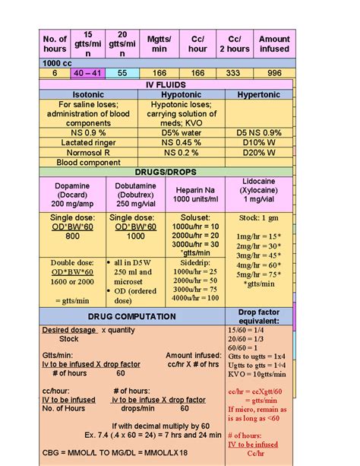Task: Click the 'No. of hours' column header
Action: [55, 44]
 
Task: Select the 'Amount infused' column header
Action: [274, 44]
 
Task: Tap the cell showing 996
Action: [273, 73]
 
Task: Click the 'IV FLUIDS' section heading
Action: [167, 84]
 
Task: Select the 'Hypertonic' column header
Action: [258, 95]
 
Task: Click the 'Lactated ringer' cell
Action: [88, 142]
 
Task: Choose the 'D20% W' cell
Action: [258, 152]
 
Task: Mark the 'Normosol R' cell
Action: [88, 152]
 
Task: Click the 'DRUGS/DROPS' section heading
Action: [167, 173]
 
